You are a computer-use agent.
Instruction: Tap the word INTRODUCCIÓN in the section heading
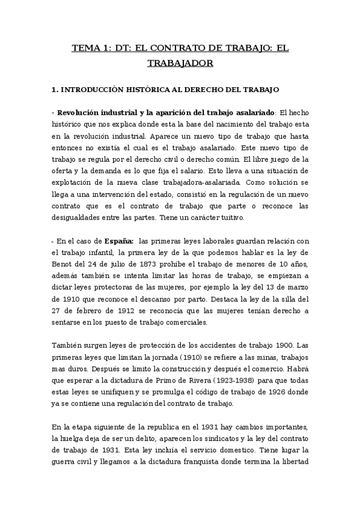point(90,90)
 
